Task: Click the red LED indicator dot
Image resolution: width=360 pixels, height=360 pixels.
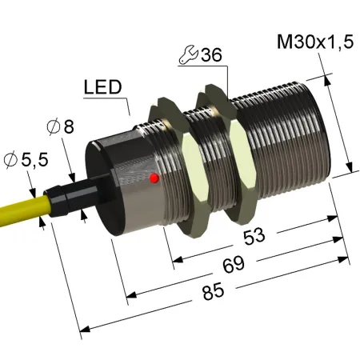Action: click(154, 178)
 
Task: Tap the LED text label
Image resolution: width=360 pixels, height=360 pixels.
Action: click(103, 87)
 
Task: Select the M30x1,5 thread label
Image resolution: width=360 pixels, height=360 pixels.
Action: click(315, 42)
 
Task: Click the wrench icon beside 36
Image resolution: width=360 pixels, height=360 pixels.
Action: click(188, 55)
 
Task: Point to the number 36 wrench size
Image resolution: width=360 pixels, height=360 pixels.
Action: click(211, 55)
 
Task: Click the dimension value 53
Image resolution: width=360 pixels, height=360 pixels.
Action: click(254, 236)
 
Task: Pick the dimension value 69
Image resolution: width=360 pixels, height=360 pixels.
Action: click(234, 264)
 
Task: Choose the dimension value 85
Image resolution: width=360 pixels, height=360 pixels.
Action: click(213, 291)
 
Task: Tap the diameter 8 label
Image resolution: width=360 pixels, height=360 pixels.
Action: click(61, 126)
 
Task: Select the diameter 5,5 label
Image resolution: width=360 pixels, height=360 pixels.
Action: click(26, 160)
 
